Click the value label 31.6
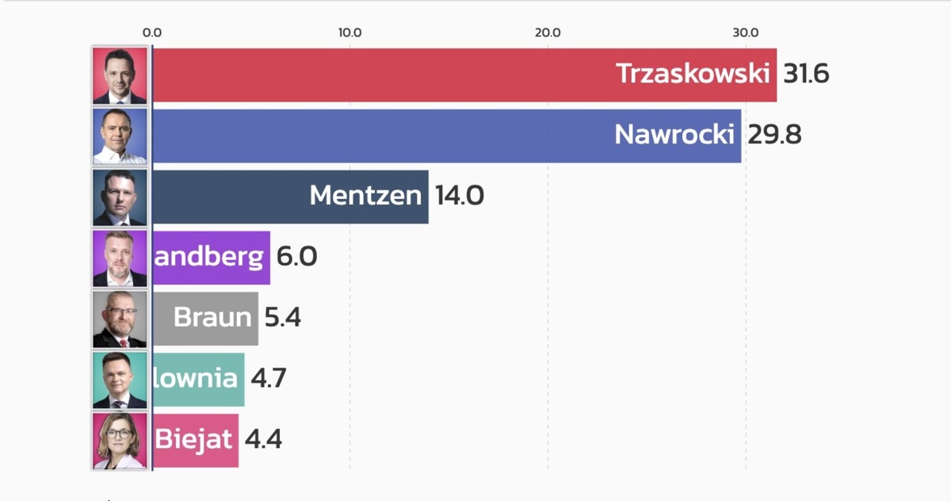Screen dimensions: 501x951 coord(806,74)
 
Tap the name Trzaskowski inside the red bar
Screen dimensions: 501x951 coord(693,74)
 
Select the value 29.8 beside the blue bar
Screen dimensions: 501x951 coord(774,135)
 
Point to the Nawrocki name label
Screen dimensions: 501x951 coord(674,135)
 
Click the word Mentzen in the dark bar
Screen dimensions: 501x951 coord(365,196)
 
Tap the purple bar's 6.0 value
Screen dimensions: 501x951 coord(296,257)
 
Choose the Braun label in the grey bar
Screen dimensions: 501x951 coord(212,318)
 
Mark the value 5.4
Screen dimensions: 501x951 coord(283,318)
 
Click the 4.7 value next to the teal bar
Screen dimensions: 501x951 coord(268,378)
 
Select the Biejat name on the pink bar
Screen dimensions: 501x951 coord(193,439)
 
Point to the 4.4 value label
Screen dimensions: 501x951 coord(263,439)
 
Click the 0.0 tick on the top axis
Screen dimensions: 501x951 coord(151,33)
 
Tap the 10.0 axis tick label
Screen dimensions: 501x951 coord(349,33)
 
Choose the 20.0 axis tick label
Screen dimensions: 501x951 coord(548,33)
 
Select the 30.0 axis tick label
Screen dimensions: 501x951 coord(745,33)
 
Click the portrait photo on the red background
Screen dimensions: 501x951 coord(120,75)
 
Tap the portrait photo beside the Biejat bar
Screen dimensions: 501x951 coord(120,440)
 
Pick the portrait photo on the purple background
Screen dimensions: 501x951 coord(120,258)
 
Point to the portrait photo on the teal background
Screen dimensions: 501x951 coord(120,379)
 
